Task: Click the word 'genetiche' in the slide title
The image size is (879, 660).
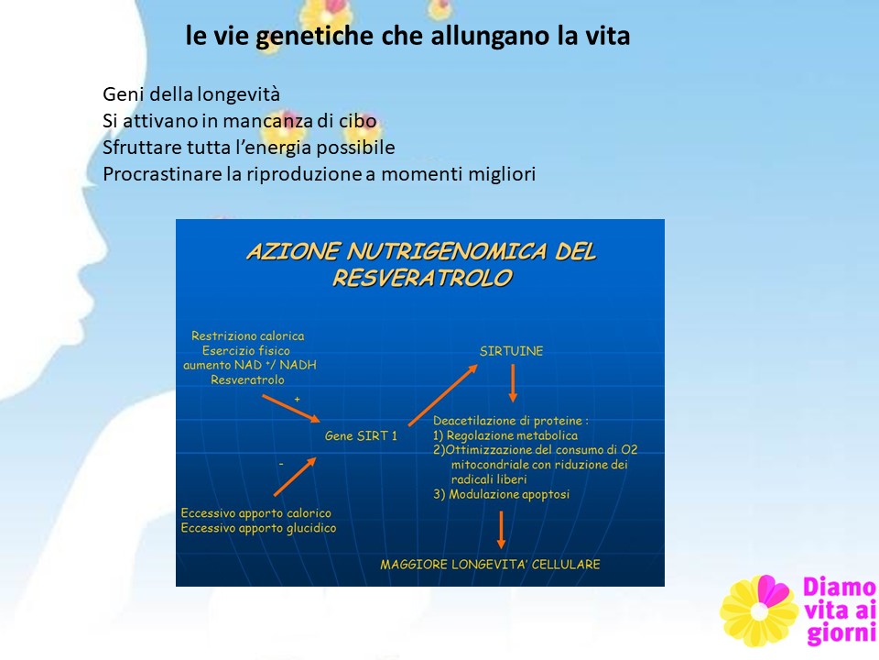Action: point(314,37)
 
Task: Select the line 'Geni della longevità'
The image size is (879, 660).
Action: point(191,94)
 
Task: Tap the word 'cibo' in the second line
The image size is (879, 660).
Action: point(357,121)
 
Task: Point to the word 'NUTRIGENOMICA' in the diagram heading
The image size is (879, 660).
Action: point(447,251)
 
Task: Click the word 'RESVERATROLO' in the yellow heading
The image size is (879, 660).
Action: point(422,278)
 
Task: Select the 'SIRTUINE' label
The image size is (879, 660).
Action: point(511,351)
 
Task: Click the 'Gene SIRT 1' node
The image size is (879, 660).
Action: point(361,436)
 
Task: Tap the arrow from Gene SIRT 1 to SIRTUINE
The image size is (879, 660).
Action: point(443,395)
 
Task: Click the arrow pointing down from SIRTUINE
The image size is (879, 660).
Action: point(513,383)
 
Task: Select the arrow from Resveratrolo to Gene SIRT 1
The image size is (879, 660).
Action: point(291,409)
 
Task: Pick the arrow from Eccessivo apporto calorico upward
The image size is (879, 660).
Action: point(295,477)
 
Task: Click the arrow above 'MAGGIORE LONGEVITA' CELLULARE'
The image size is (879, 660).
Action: point(501,530)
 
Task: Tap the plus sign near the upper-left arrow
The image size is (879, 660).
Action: point(297,399)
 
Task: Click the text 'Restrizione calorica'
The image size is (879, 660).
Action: point(248,336)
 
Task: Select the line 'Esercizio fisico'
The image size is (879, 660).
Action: point(246,351)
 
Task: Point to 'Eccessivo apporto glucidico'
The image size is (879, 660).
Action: point(258,528)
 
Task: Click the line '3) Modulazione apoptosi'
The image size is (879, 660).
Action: point(501,494)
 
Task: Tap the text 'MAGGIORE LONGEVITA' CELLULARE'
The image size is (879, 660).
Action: point(490,565)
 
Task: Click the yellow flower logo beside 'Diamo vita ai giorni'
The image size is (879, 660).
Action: point(759,610)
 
